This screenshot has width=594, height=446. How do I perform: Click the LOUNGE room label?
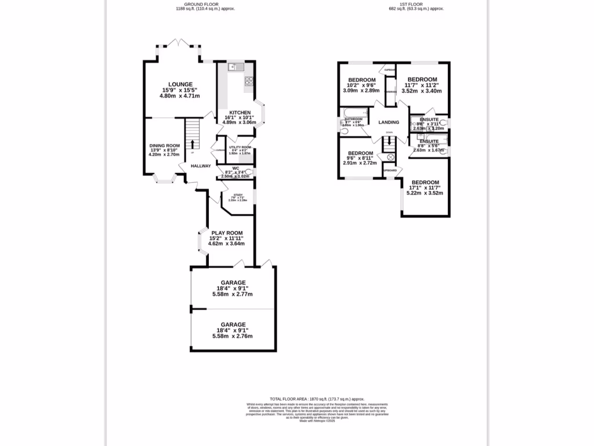click(x=180, y=84)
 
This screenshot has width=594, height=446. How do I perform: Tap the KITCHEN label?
click(x=240, y=113)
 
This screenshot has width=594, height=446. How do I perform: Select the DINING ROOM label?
click(x=165, y=146)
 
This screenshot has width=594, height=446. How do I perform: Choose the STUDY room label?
click(x=238, y=195)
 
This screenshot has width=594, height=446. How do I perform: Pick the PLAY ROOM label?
click(x=227, y=233)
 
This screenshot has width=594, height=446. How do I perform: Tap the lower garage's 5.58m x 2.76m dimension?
click(x=233, y=336)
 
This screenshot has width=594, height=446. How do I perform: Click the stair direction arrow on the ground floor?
click(x=193, y=143)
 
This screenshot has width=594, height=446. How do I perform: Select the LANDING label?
click(x=389, y=123)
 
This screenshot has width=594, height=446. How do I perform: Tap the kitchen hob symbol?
click(x=249, y=81)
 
